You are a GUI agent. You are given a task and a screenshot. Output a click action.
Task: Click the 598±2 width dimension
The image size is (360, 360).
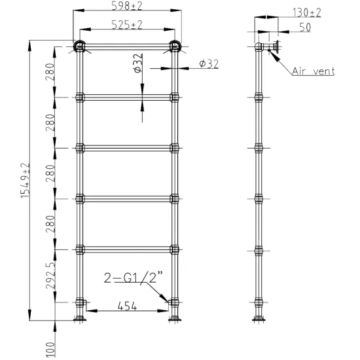pyautogui.click(x=127, y=6)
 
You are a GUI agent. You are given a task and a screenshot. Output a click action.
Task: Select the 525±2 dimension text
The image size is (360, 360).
pyautogui.click(x=127, y=25)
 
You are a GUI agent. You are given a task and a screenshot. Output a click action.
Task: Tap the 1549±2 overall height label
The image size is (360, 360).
pyautogui.click(x=26, y=181)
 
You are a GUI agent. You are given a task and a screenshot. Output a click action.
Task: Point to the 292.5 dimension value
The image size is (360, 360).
pyautogui.click(x=50, y=276)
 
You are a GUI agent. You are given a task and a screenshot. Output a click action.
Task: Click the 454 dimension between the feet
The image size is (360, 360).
pyautogui.click(x=127, y=306)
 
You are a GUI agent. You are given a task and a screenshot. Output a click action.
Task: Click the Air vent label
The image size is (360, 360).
pyautogui.click(x=314, y=71)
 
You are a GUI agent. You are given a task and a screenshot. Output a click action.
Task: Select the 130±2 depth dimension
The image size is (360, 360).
pyautogui.click(x=306, y=12)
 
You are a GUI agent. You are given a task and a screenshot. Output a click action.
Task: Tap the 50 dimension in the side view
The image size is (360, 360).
pyautogui.click(x=305, y=27)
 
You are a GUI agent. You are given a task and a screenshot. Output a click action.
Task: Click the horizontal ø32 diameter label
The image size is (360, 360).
pyautogui.click(x=209, y=64)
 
